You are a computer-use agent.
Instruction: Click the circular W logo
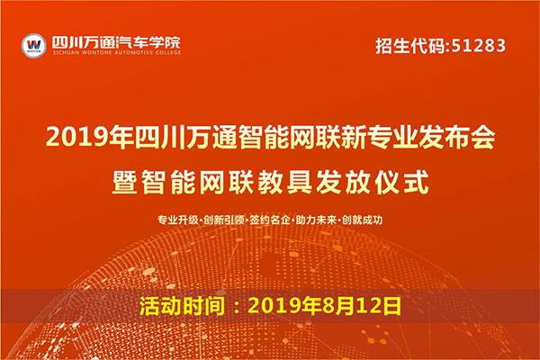point(34,46)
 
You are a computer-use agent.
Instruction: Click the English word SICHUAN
point(66,53)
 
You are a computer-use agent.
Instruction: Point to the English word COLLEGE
point(167,53)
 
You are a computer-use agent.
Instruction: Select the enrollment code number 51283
point(479,46)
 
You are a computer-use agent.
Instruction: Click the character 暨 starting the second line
point(124,182)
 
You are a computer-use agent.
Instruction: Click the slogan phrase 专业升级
point(177,220)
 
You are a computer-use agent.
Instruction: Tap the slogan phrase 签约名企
point(270,220)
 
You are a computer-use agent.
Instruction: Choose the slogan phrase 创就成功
point(363,220)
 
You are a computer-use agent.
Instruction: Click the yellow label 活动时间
point(183,306)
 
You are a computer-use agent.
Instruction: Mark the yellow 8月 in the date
point(337,306)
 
